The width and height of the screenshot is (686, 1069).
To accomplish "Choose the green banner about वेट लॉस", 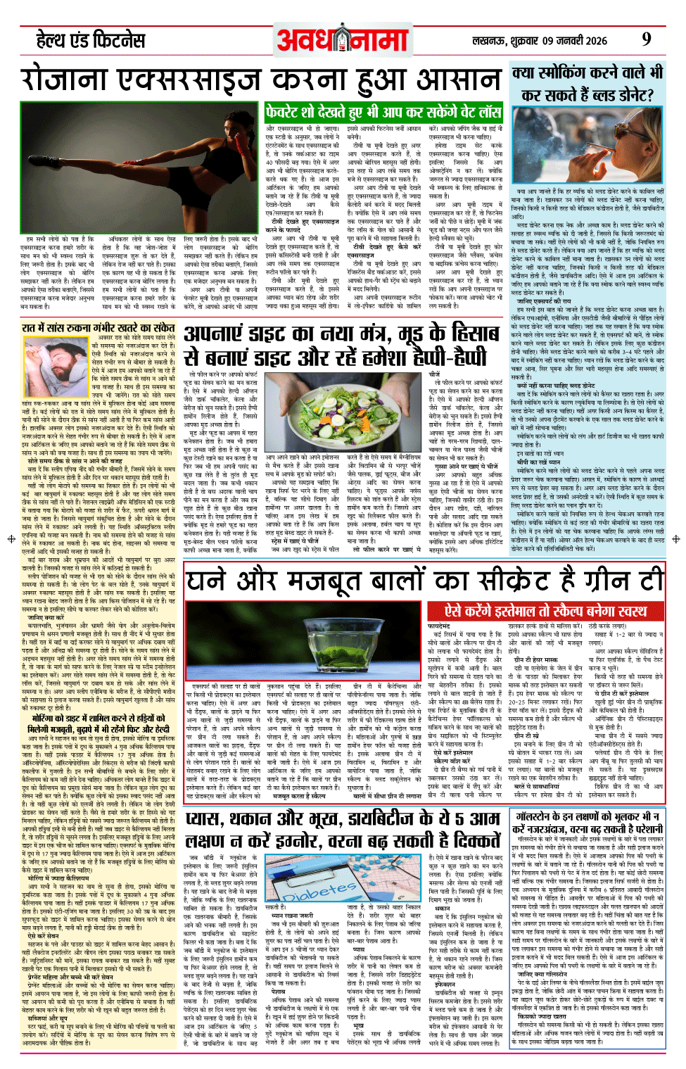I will pyautogui.click(x=383, y=112).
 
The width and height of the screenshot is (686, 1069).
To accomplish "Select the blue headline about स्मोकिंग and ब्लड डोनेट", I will pyautogui.click(x=587, y=83).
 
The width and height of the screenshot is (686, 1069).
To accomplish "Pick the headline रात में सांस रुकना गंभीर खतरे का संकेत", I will pyautogui.click(x=98, y=327).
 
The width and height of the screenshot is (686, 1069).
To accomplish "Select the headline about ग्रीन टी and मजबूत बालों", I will pyautogui.click(x=425, y=581).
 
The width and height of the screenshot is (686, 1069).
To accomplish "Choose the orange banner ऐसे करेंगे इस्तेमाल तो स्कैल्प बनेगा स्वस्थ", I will pyautogui.click(x=545, y=610).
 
